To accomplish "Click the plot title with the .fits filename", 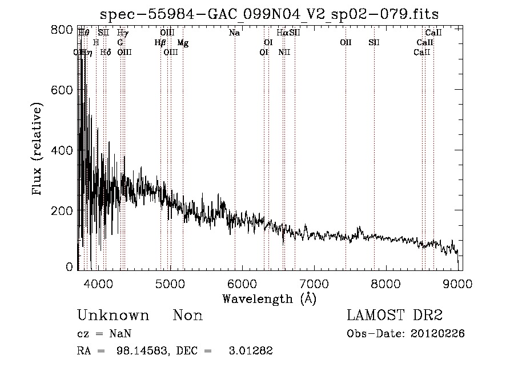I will (x=270, y=14).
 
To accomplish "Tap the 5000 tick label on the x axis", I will (x=170, y=284).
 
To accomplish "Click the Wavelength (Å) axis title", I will (x=269, y=298).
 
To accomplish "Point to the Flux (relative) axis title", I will (x=38, y=150).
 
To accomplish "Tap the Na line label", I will (x=234, y=33).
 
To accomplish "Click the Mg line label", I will (x=183, y=43).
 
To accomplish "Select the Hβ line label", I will (x=160, y=43).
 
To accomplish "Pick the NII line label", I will (x=284, y=53).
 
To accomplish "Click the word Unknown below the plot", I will (x=113, y=316).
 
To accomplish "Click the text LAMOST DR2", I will (x=394, y=316).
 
